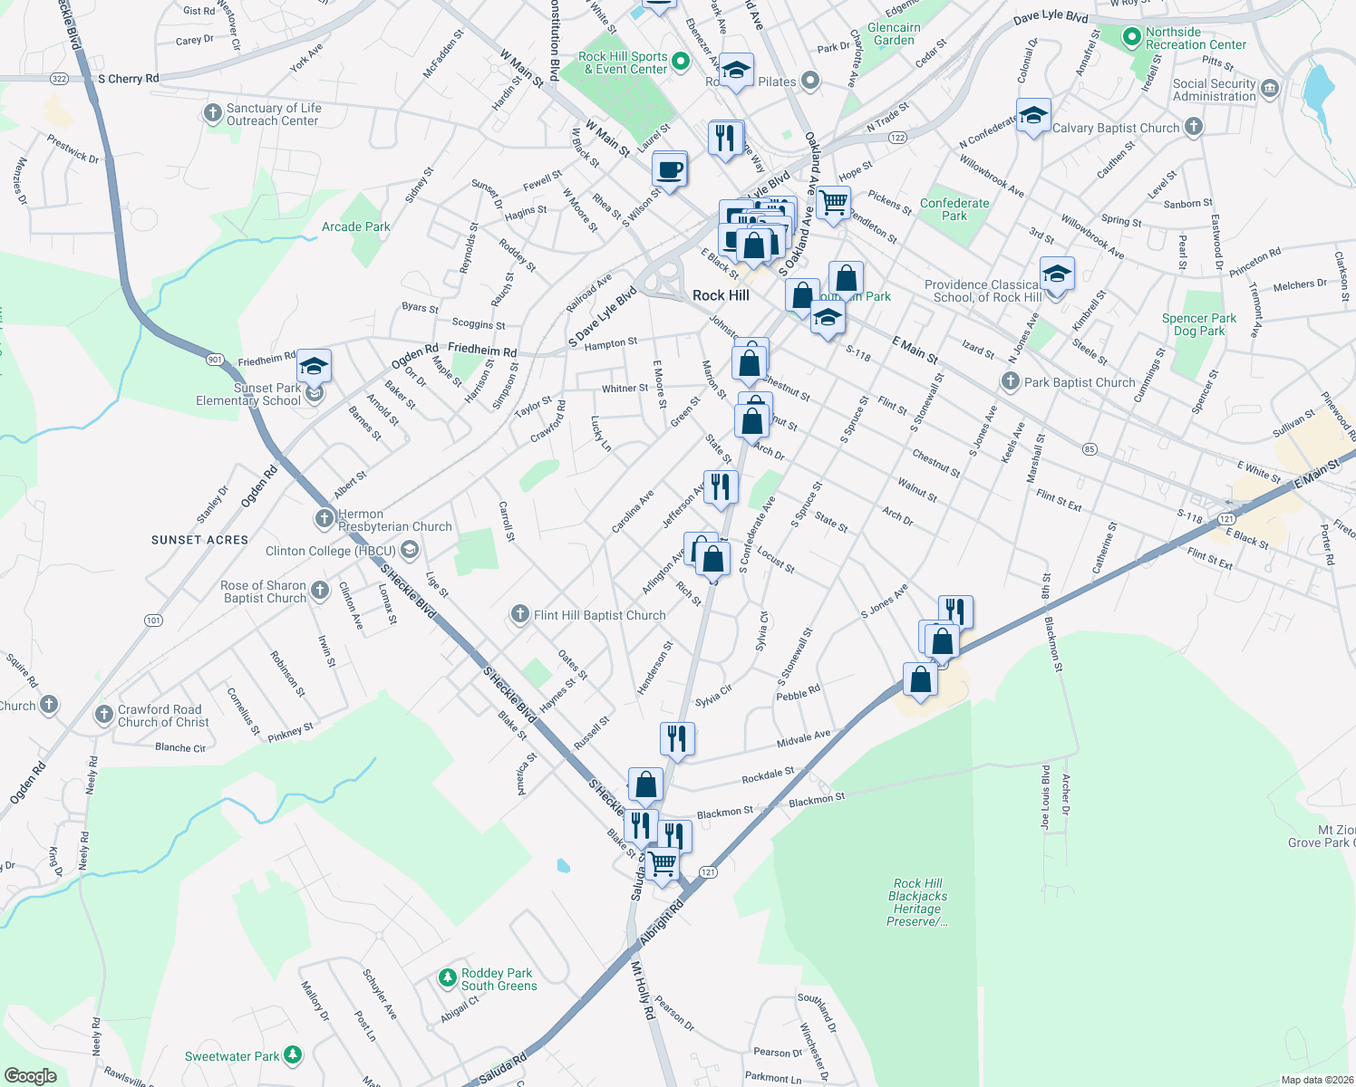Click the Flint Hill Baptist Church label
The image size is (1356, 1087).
[599, 615]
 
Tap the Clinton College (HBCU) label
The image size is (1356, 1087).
[331, 551]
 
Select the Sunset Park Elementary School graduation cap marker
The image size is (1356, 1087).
[314, 367]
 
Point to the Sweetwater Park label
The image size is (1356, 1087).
[232, 1056]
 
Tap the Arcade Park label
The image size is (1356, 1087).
[356, 226]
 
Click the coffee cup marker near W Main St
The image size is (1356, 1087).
[670, 169]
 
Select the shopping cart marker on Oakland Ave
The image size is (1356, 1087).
[833, 203]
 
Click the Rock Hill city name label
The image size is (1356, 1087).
[721, 295]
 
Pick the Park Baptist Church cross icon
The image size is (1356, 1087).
[1011, 381]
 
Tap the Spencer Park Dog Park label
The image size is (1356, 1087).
[1199, 324]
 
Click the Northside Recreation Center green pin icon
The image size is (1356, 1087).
[1131, 38]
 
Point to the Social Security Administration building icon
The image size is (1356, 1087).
[1269, 88]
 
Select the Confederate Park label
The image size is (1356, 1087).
[954, 209]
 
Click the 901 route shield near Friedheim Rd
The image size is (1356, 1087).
[215, 360]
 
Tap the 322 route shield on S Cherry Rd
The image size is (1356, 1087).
[60, 79]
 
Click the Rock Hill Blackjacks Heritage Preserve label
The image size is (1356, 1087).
[917, 902]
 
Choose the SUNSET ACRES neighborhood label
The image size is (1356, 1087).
[199, 540]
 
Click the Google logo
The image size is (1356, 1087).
[30, 1076]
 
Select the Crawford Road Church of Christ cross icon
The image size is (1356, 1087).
[103, 715]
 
